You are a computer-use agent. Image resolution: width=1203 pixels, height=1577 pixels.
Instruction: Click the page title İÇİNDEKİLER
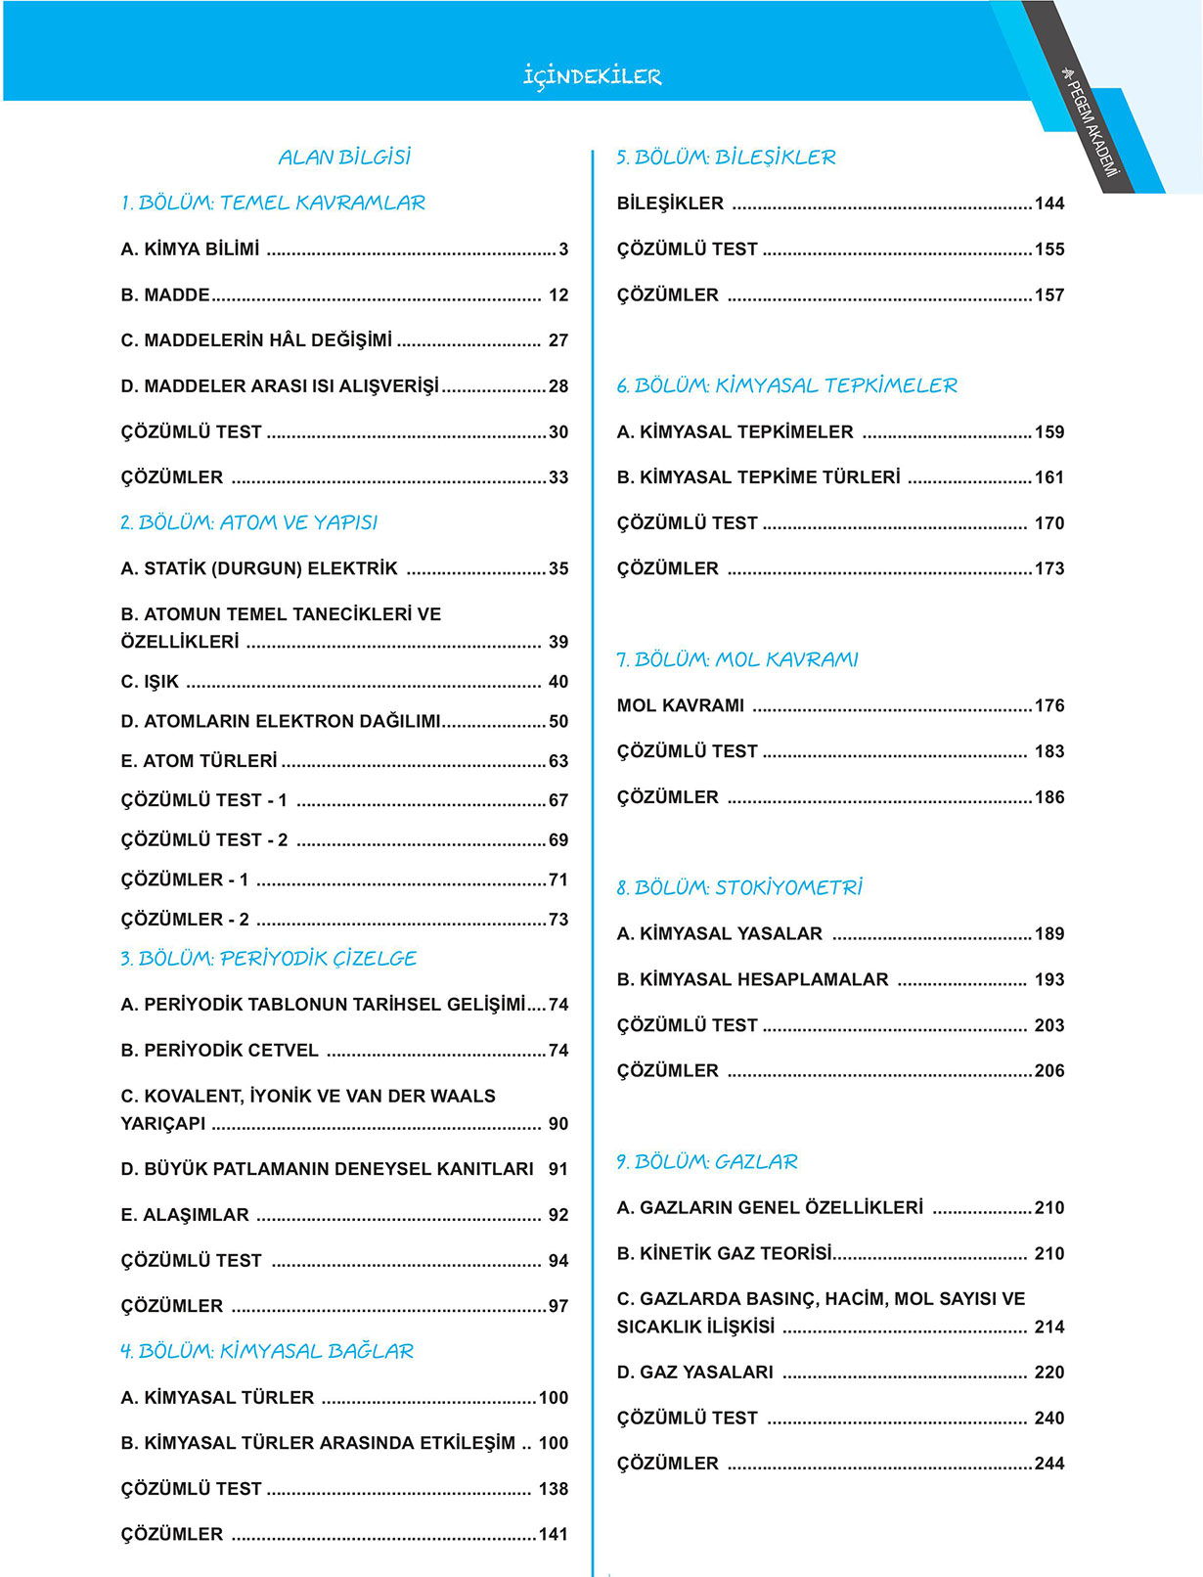pos(592,76)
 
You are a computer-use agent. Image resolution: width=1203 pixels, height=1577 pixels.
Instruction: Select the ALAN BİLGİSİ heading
pos(344,157)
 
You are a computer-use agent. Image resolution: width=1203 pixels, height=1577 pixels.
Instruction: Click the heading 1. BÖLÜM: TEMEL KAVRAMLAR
pos(273,203)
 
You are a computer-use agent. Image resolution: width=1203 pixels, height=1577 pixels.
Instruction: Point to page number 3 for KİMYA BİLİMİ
pos(563,249)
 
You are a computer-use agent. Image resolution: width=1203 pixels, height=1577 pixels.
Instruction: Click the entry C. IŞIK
pos(150,682)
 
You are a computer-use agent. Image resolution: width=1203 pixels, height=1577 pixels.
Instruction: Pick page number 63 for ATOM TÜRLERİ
pos(558,761)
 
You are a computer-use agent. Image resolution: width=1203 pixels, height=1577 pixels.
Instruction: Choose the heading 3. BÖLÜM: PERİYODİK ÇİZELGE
pos(268,959)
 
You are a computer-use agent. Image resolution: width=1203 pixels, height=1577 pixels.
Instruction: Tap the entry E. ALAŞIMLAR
pos(185,1215)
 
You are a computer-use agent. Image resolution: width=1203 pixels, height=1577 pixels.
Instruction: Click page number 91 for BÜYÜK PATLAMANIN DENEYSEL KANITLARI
pos(558,1169)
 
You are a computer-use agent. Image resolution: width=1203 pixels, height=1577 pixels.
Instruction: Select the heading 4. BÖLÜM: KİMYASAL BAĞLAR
pos(267,1351)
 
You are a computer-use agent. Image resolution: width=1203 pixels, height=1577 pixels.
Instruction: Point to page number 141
pos(554,1535)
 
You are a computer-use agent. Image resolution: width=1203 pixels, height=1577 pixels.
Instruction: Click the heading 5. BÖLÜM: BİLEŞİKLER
pos(726,157)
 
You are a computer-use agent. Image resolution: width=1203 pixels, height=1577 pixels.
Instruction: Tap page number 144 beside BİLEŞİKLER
pos(1049,203)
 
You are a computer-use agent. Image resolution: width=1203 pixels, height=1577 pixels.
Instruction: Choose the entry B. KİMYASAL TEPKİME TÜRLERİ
pos(758,477)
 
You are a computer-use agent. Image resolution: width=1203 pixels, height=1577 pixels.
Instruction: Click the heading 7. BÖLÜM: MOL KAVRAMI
pos(736,659)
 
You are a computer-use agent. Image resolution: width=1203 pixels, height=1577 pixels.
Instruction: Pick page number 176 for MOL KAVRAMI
pos(1049,705)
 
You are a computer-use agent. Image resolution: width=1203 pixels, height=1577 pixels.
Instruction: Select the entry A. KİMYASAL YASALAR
pos(719,934)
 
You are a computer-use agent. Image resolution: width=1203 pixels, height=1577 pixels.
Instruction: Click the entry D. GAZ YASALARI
pos(694,1373)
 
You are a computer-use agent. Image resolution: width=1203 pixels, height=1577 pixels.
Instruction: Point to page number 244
pos(1049,1464)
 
